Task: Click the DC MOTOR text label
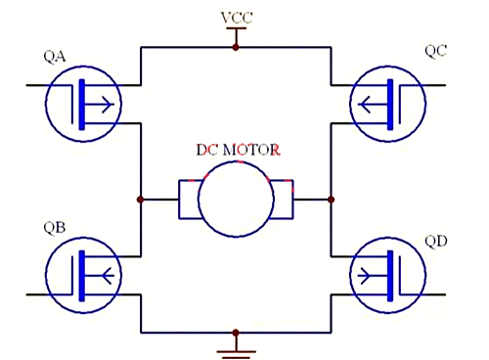tap(238, 151)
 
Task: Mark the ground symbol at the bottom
tap(235, 347)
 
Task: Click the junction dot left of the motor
tap(142, 200)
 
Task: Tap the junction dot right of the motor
tap(332, 200)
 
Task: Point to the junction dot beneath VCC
tap(235, 46)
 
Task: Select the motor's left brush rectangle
tap(188, 200)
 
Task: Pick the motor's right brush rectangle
tap(283, 200)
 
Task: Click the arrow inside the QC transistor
tap(372, 101)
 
